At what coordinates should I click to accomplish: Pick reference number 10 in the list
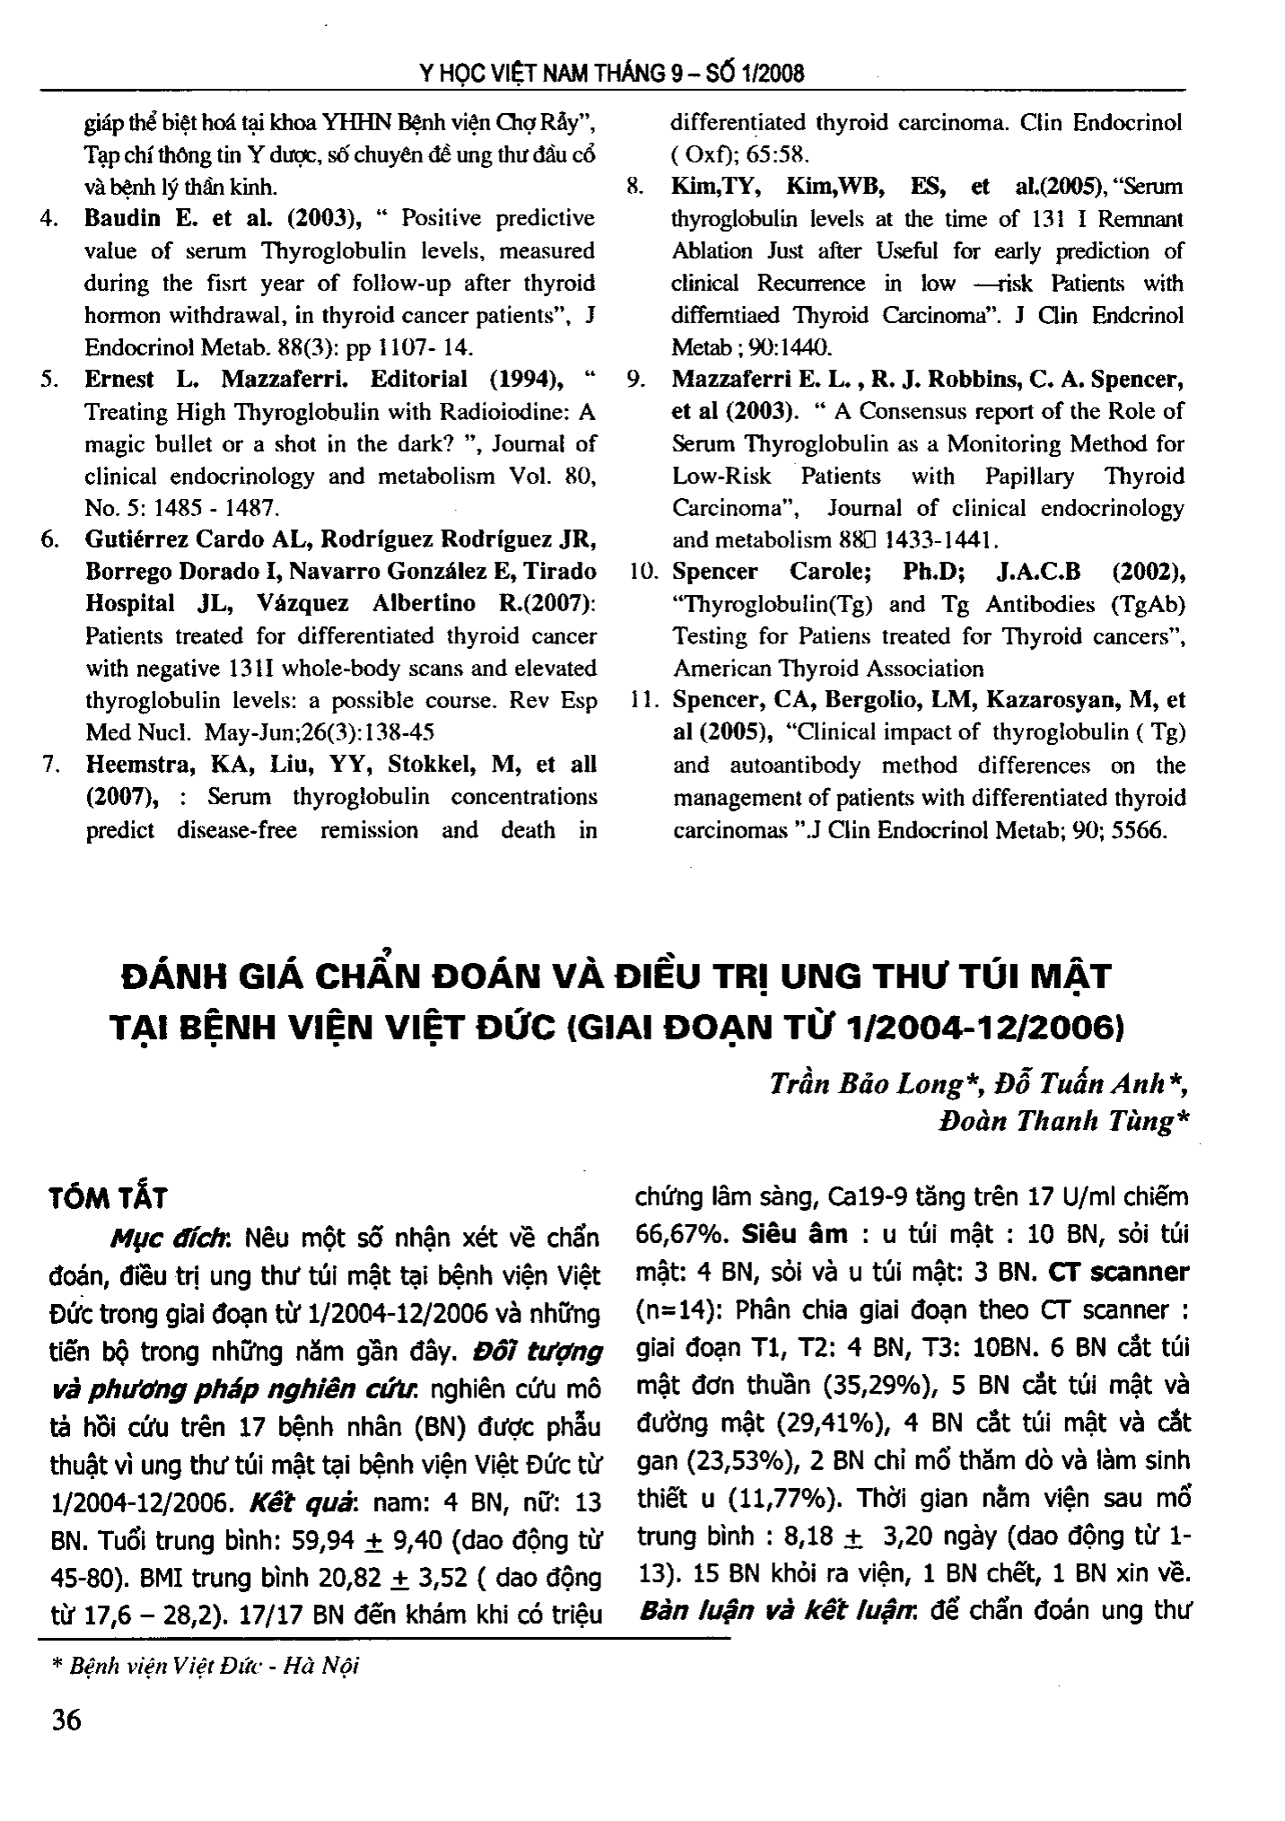[x=645, y=572]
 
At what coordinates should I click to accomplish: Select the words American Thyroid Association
[x=828, y=669]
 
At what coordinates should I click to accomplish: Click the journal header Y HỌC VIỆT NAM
[x=503, y=74]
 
